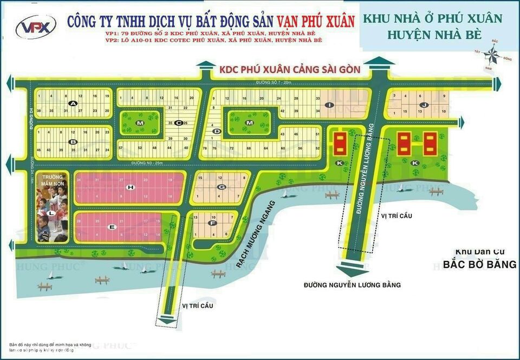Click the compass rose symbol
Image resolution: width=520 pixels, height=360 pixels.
coord(492,54)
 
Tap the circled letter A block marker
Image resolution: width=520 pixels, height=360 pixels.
coord(73,103)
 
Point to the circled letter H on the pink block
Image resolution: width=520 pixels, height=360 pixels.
coord(130,187)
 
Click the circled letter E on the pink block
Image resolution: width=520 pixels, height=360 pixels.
coord(112,227)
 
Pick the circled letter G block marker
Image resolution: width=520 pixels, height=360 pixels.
coord(220,187)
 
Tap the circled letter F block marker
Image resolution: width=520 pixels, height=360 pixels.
coord(213,223)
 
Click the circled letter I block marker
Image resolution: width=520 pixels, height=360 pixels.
coord(329,104)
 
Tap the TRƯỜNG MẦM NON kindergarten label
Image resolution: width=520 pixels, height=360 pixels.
coord(53,180)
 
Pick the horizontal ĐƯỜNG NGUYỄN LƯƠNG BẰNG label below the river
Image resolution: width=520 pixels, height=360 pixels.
coord(352,284)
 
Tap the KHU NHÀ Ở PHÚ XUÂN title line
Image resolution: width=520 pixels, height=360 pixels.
coord(433,18)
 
